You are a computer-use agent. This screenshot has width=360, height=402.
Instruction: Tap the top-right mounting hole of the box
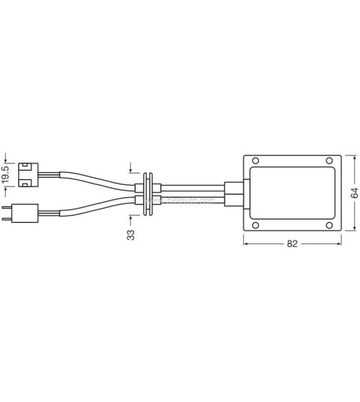pyautogui.click(x=330, y=161)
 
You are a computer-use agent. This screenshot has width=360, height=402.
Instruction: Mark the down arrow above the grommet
pyautogui.click(x=130, y=170)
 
